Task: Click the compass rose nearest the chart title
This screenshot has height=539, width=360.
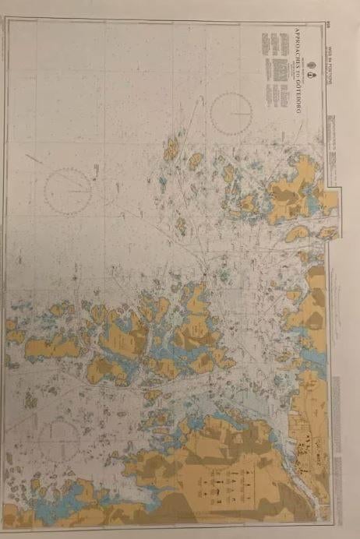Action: coord(231,112)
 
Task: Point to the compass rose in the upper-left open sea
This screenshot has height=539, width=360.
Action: coord(69,190)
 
